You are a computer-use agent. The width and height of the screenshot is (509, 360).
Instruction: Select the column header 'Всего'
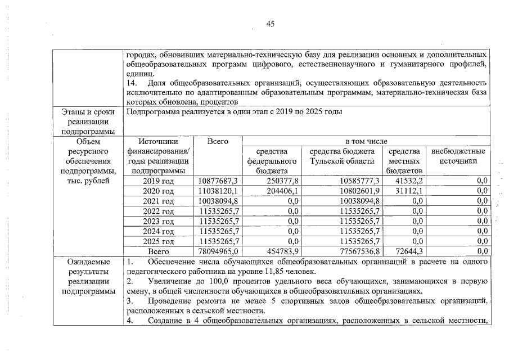click(217, 142)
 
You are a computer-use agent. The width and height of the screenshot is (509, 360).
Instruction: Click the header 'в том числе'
click(366, 142)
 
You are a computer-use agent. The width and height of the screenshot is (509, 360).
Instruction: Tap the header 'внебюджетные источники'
click(458, 156)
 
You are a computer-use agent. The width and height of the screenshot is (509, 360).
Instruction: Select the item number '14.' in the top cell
click(134, 83)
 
